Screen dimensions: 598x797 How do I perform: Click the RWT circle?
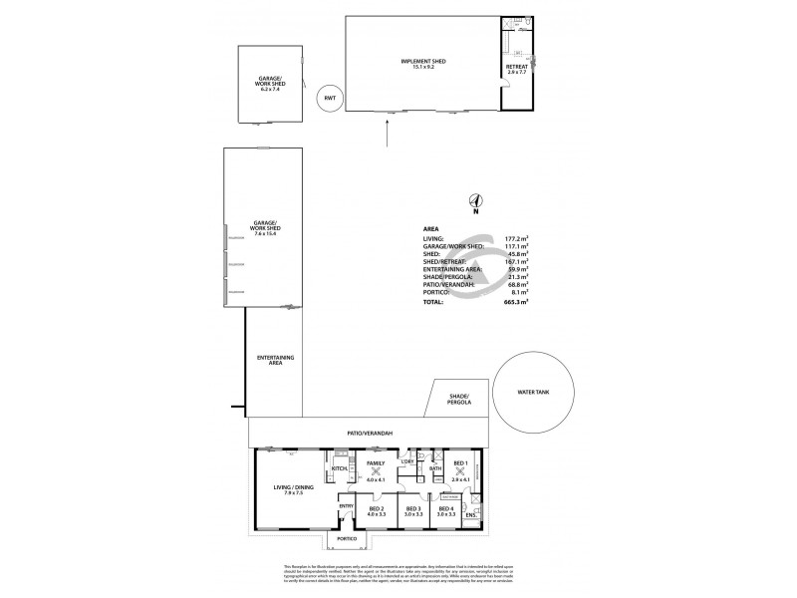point(329,100)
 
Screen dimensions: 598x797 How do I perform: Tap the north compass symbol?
point(476,201)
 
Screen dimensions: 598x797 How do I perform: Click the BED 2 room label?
point(376,510)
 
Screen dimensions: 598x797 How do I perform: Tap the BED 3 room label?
point(413,510)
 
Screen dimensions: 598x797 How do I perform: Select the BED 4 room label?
point(446,510)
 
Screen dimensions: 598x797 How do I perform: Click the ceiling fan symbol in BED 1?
point(459,471)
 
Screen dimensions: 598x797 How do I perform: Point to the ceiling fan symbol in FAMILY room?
point(376,471)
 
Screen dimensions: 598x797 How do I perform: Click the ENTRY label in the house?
point(346,505)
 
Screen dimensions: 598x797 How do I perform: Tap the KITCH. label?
point(337,466)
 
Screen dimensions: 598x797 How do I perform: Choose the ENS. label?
point(470,515)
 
